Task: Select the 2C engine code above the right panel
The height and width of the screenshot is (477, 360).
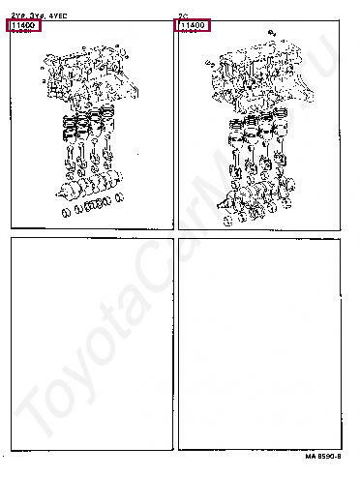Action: [x=183, y=16]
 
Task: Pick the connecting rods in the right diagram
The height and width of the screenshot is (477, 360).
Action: [x=255, y=160]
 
